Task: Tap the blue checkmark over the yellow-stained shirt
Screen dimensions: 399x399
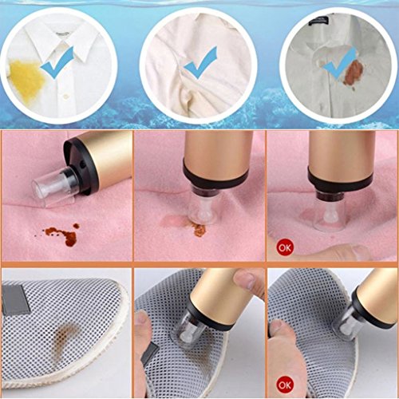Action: (57, 64)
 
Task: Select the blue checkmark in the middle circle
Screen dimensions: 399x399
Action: (200, 63)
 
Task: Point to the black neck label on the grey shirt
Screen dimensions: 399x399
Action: (318, 22)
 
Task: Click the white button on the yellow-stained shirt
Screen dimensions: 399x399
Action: (64, 96)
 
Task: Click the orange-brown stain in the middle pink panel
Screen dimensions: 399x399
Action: (199, 230)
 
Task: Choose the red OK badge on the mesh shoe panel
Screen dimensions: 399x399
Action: (285, 385)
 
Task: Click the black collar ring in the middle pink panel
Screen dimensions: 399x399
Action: (215, 176)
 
